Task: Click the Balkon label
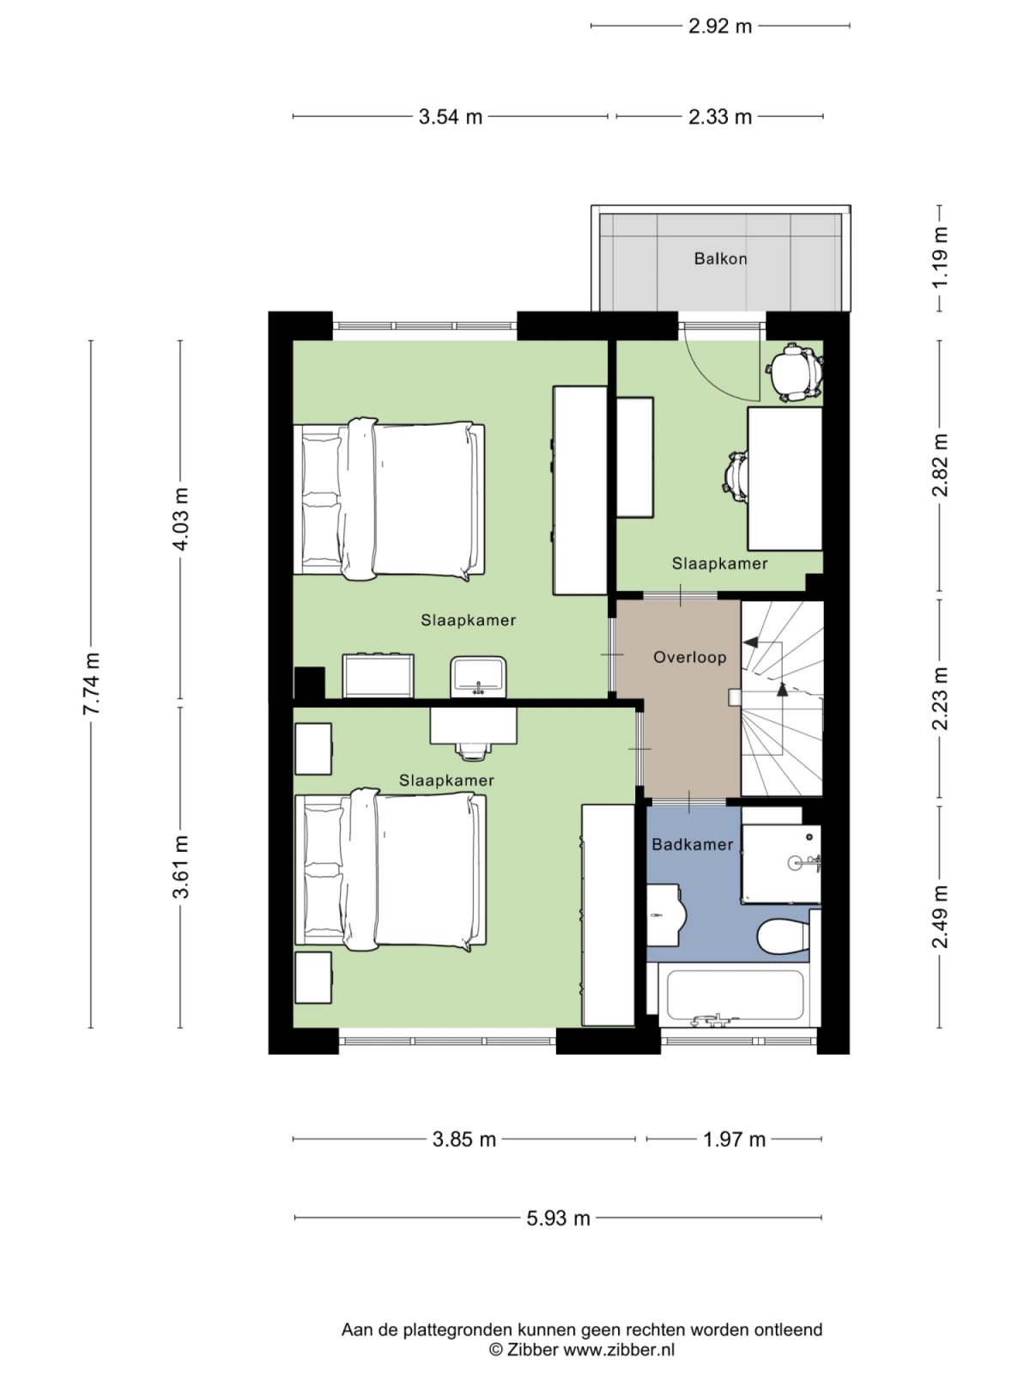pyautogui.click(x=720, y=258)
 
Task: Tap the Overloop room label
pyautogui.click(x=689, y=657)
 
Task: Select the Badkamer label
pyautogui.click(x=692, y=844)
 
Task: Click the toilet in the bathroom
pyautogui.click(x=783, y=936)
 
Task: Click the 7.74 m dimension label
pyautogui.click(x=92, y=684)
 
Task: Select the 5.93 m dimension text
pyautogui.click(x=558, y=1218)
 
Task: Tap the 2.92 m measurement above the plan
pyautogui.click(x=719, y=26)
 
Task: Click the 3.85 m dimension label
pyautogui.click(x=463, y=1140)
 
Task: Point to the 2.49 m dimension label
pyautogui.click(x=941, y=916)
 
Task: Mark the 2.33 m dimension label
pyautogui.click(x=719, y=117)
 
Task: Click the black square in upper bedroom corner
pyautogui.click(x=309, y=683)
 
